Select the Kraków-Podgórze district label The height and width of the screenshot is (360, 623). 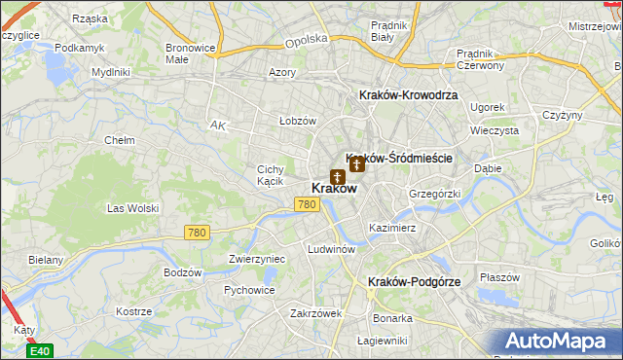pyautogui.click(x=414, y=281)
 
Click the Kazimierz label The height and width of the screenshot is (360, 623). pyautogui.click(x=392, y=228)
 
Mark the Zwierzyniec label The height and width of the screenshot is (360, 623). pyautogui.click(x=256, y=259)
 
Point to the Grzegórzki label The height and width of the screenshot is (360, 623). pyautogui.click(x=433, y=194)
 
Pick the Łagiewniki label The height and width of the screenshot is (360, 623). pyautogui.click(x=381, y=340)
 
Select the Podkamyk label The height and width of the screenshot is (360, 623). pyautogui.click(x=79, y=47)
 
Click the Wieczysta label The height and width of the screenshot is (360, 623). pyautogui.click(x=493, y=129)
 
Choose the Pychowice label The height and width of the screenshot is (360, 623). pyautogui.click(x=248, y=290)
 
